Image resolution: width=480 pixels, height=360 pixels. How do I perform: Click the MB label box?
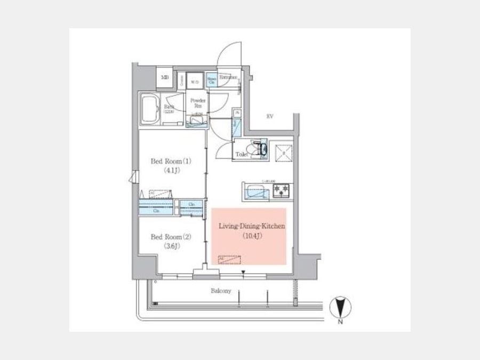[165, 77]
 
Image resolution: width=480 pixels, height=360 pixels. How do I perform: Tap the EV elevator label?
[270, 116]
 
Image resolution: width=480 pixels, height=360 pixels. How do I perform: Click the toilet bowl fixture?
[260, 148]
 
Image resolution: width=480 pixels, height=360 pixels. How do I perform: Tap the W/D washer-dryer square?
[195, 81]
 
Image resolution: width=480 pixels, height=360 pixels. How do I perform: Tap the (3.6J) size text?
[170, 246]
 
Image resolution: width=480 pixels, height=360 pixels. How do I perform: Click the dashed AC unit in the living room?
[229, 260]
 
